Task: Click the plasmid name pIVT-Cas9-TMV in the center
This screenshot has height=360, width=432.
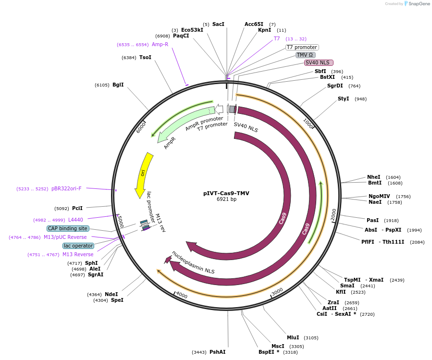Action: point(226,193)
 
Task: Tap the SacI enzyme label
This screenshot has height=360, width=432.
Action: point(218,24)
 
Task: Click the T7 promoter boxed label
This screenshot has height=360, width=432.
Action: point(302,47)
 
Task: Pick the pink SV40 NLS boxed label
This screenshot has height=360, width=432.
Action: point(318,62)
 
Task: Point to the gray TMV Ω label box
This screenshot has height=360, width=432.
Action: point(305,55)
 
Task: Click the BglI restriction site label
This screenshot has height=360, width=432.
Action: point(118,85)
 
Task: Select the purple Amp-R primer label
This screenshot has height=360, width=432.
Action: point(160,44)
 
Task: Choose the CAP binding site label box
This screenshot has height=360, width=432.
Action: point(68,228)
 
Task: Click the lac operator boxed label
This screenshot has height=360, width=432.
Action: point(78,246)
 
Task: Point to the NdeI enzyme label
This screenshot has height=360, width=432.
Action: point(111,294)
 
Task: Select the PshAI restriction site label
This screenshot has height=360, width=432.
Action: point(217,352)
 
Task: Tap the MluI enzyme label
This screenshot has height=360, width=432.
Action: point(293,337)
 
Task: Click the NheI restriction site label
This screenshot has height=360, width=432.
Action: point(373,177)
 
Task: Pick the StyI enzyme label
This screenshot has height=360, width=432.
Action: point(343,99)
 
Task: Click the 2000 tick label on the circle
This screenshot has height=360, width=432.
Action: point(333,214)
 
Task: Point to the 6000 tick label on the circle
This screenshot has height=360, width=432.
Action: point(141,127)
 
